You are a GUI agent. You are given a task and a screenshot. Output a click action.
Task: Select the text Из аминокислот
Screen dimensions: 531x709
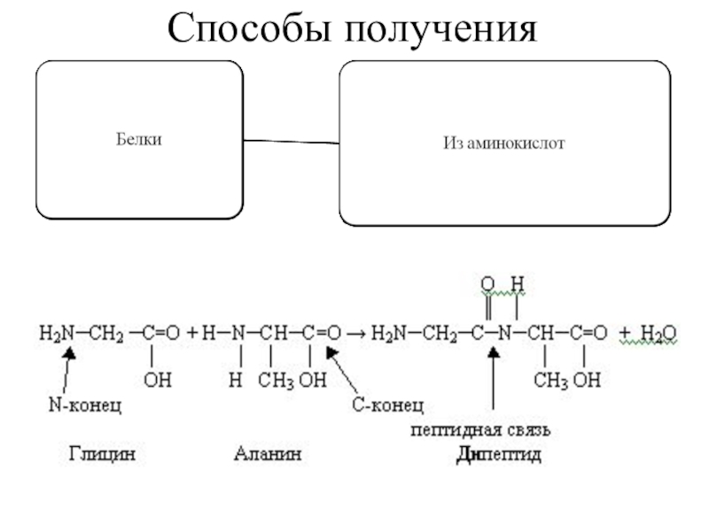coord(503,142)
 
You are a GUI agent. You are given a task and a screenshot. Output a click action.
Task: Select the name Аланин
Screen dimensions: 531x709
coord(267,456)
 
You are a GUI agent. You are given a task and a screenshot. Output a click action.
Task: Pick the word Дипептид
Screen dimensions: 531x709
coord(498,456)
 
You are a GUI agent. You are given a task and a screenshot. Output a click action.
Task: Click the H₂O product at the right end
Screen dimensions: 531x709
coord(658,334)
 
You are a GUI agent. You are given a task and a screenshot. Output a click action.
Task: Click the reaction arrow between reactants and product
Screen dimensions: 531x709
coord(356,334)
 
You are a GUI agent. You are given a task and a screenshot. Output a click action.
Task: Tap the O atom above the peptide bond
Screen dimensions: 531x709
coord(487,285)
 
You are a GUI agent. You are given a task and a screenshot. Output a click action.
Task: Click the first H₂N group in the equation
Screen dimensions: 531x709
coord(55,334)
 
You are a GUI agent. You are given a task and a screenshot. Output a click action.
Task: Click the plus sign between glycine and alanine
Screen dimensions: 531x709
coord(191,334)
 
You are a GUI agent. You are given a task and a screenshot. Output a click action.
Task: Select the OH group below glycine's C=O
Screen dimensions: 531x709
coord(158,381)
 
